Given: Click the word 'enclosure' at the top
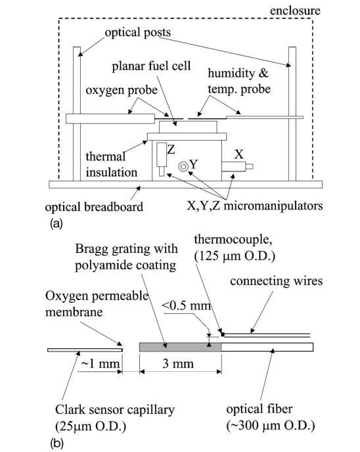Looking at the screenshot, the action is (x=295, y=11).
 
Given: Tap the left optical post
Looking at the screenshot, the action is (x=77, y=114).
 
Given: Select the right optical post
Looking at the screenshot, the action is (x=292, y=114).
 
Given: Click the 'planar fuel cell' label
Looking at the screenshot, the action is (x=151, y=66).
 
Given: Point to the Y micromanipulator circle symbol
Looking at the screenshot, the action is (x=183, y=166).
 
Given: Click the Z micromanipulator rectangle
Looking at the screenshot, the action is (x=162, y=154).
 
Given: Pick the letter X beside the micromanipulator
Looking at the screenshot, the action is (x=238, y=155).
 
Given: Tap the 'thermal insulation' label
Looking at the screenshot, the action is (x=111, y=164).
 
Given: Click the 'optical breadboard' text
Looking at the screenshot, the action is (x=94, y=207).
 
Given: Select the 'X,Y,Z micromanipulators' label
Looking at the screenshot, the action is (x=254, y=206).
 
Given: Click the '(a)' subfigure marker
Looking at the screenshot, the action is (x=56, y=223).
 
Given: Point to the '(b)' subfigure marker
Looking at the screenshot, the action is (x=56, y=443).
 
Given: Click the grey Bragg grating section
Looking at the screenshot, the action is (x=181, y=347).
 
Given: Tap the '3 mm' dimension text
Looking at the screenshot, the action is (x=178, y=363).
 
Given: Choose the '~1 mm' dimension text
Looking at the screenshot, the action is (x=101, y=363).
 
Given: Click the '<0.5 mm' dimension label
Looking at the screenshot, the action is (x=187, y=305).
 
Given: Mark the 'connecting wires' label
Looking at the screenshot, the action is (x=276, y=281).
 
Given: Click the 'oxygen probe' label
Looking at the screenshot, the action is (x=122, y=90).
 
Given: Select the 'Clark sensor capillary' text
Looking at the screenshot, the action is (x=115, y=410).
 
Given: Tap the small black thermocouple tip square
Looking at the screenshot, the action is (x=223, y=334).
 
